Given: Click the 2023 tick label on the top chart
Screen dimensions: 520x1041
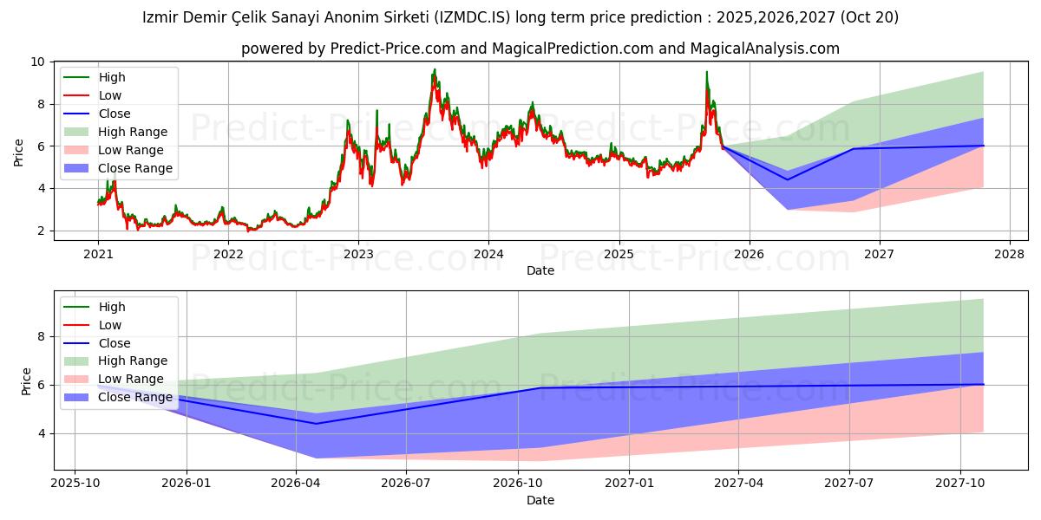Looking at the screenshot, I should pos(358,254).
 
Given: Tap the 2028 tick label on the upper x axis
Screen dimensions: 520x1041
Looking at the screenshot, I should pos(1010,254).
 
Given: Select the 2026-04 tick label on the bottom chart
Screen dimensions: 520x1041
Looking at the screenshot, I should pos(297,482).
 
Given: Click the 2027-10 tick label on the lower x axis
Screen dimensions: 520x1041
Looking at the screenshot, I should pos(960,482).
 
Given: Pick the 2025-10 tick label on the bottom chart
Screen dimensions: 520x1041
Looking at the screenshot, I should pos(75,482).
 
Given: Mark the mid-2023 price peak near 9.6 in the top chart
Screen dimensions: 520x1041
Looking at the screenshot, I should pos(435,70).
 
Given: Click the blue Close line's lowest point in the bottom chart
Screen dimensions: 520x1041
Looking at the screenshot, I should pos(316,424).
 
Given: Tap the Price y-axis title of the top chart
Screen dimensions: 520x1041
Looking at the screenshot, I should pos(19,153).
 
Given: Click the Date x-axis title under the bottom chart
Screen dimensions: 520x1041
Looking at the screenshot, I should pos(540,500).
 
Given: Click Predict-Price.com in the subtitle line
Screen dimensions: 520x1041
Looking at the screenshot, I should pos(394,49).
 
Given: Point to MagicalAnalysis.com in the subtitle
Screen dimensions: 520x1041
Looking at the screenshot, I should pos(764,49).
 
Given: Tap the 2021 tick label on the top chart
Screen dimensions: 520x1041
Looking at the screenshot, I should pos(98,254).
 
